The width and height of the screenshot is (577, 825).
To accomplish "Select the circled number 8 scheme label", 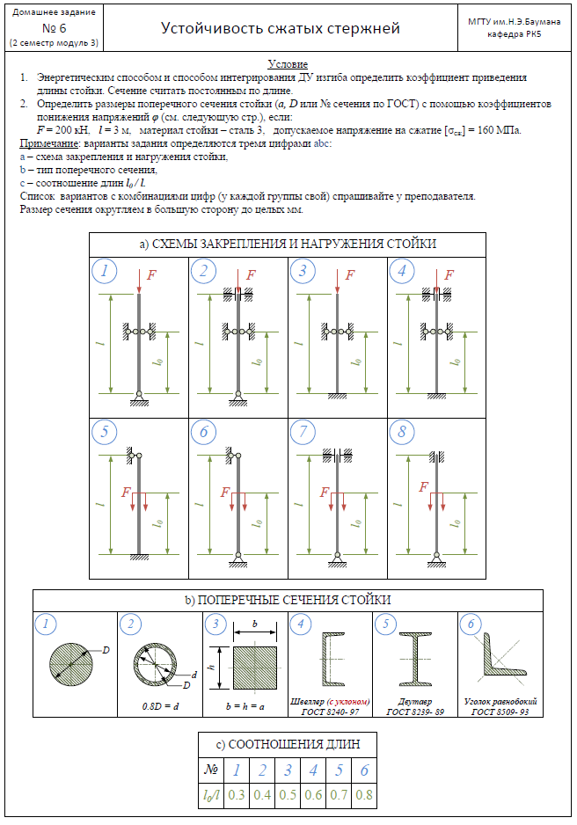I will click(x=402, y=432).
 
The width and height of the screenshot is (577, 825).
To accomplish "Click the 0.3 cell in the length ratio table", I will click(x=236, y=795).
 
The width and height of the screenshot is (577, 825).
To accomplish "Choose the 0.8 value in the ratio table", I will click(x=363, y=795).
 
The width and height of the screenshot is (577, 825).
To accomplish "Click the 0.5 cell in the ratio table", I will click(x=287, y=795).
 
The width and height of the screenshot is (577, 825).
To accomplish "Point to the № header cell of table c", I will click(x=211, y=770).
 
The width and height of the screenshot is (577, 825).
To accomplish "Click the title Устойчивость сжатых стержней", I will click(x=281, y=28).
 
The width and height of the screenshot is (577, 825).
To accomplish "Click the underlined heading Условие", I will click(x=288, y=66).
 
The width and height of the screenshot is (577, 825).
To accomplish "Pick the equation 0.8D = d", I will click(x=158, y=705).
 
